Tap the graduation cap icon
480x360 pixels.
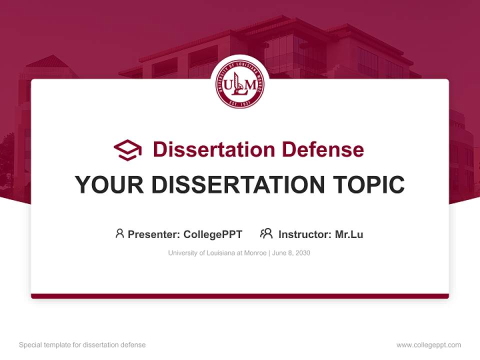[x=128, y=149]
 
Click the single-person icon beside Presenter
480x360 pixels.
[x=119, y=233]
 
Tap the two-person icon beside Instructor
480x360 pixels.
[x=266, y=233]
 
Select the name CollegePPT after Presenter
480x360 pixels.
[x=213, y=234]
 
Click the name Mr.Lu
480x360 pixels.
[x=349, y=234]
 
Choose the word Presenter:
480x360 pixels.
[x=154, y=234]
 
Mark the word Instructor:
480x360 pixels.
[x=304, y=234]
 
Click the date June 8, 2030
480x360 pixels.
[x=291, y=253]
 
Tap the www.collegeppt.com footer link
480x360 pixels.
[x=428, y=345]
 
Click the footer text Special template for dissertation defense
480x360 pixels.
[x=82, y=345]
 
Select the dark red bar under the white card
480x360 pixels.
[x=240, y=296]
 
